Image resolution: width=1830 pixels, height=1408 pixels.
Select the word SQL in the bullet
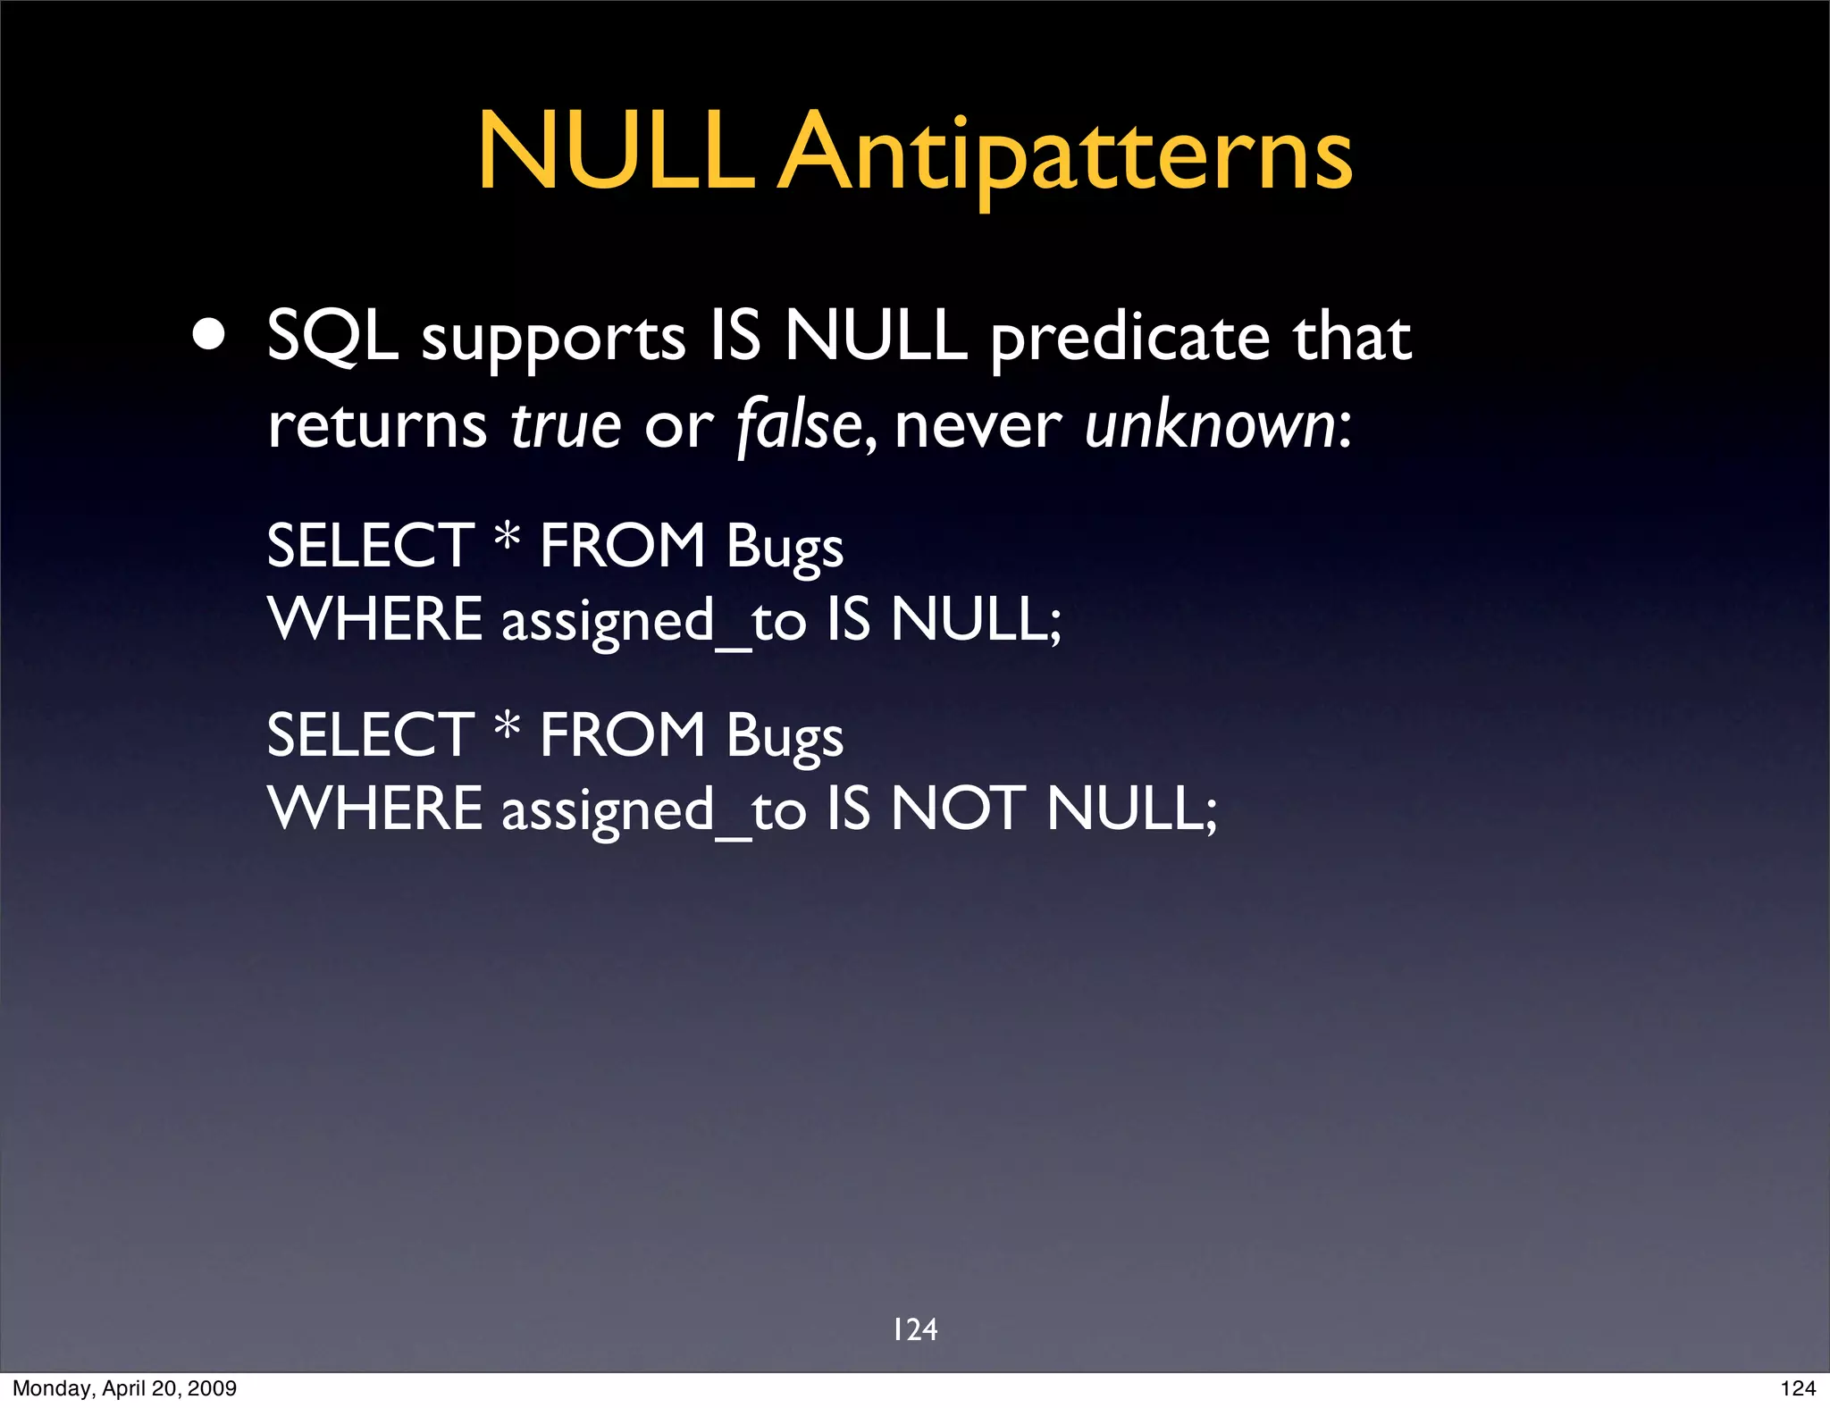click(x=332, y=338)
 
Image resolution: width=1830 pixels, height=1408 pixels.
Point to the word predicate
click(x=1129, y=339)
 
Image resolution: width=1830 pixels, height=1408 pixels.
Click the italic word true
click(x=565, y=425)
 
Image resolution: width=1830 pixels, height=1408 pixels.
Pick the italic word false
click(x=799, y=425)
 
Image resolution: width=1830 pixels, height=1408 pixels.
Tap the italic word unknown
click(x=1210, y=425)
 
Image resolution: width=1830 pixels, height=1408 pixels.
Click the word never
click(x=977, y=427)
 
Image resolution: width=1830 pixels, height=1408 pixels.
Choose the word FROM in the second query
click(x=623, y=734)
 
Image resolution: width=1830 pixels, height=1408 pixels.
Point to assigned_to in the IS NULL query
click(x=653, y=621)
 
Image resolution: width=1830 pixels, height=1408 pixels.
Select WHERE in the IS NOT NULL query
click(x=375, y=809)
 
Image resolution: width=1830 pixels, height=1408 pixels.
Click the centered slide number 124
click(x=915, y=1329)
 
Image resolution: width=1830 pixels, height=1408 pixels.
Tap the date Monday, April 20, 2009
click(x=124, y=1388)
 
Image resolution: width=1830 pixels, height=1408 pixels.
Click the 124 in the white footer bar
click(x=1797, y=1388)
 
